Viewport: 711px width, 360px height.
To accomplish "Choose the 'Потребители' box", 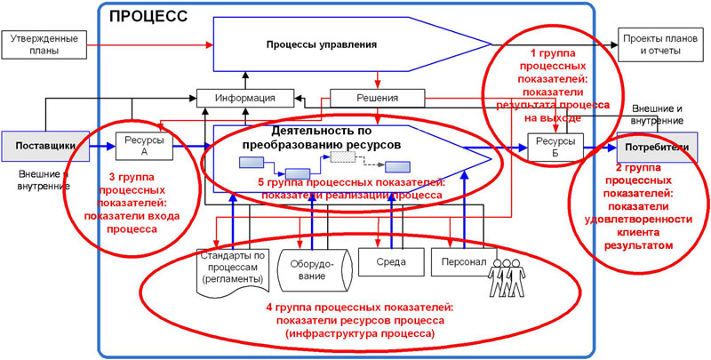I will (657, 147).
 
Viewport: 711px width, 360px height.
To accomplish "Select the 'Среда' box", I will (387, 263).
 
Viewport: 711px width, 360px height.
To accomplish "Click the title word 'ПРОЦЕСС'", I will (148, 16).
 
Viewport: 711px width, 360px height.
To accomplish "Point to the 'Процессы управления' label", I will (322, 44).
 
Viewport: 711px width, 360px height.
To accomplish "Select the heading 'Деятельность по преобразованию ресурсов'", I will (322, 137).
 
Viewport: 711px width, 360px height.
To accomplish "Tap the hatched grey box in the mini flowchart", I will (343, 156).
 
